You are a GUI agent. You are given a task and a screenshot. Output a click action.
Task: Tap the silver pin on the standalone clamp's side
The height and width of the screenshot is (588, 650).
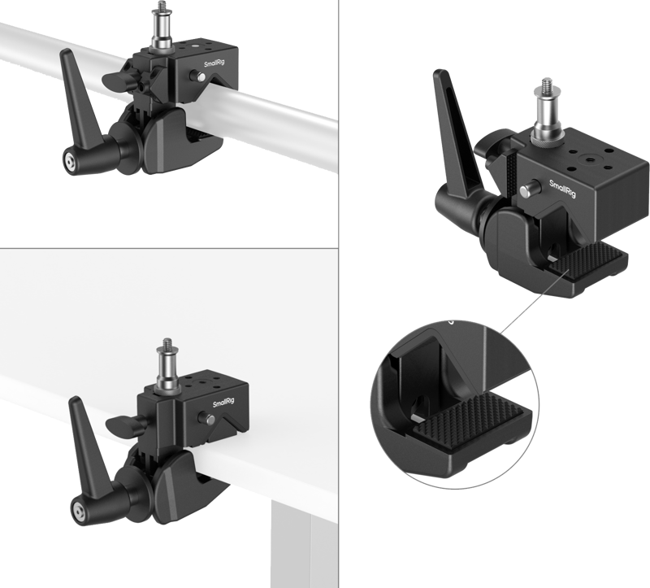529,189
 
